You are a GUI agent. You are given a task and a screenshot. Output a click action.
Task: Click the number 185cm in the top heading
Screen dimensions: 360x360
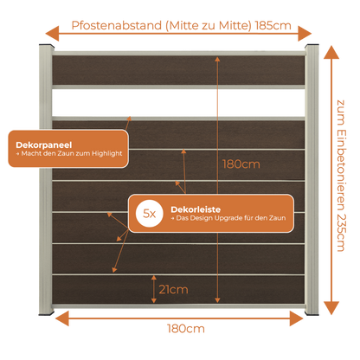pyautogui.click(x=273, y=25)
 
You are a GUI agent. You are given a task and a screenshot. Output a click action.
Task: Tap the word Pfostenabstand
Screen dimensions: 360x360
pyautogui.click(x=117, y=25)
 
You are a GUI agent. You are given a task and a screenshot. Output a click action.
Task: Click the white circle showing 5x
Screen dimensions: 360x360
pyautogui.click(x=150, y=214)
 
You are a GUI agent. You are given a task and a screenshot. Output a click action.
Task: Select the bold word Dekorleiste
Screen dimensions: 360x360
pyautogui.click(x=196, y=209)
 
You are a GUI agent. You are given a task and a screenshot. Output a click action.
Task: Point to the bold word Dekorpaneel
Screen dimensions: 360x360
pyautogui.click(x=44, y=145)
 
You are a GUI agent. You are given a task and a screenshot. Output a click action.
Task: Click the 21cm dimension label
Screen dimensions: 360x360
pyautogui.click(x=173, y=289)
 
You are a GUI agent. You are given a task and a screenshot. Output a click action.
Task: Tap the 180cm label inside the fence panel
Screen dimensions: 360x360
pyautogui.click(x=241, y=164)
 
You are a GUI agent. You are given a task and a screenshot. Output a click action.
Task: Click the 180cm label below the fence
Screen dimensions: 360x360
pyautogui.click(x=186, y=329)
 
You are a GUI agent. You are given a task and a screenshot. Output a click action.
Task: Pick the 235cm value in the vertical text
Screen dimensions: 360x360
pyautogui.click(x=341, y=233)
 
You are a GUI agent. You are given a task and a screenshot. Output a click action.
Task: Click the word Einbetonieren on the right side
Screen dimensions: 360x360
pyautogui.click(x=341, y=170)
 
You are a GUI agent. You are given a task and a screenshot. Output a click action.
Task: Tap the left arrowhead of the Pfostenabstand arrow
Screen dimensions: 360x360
pyautogui.click(x=52, y=34)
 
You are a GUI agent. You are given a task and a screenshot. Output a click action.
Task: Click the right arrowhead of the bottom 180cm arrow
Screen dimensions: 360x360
pyautogui.click(x=297, y=318)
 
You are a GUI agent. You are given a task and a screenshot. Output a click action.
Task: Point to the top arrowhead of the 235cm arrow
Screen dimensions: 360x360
pyautogui.click(x=331, y=52)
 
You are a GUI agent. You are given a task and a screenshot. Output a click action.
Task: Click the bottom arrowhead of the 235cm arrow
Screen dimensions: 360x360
pyautogui.click(x=331, y=308)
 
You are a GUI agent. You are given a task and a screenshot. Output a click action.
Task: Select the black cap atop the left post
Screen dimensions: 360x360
pyautogui.click(x=47, y=46)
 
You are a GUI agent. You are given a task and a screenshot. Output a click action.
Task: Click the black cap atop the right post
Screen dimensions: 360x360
pyautogui.click(x=312, y=46)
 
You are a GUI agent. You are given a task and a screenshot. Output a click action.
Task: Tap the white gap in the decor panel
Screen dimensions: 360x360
pyautogui.click(x=178, y=103)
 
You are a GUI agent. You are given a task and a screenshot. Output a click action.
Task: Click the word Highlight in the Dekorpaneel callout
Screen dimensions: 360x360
pyautogui.click(x=107, y=153)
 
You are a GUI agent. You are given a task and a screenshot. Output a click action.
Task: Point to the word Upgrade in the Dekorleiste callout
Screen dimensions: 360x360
pyautogui.click(x=228, y=218)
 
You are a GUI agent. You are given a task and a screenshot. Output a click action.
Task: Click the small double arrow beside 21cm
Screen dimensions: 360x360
pyautogui.click(x=154, y=289)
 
